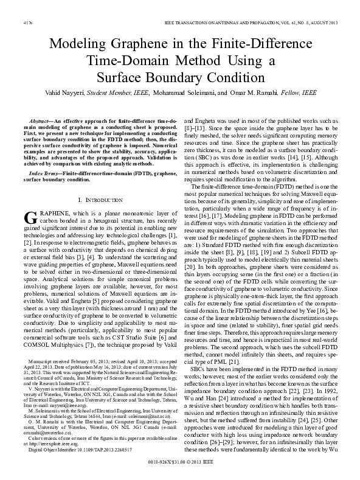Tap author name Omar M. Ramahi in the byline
pyautogui.click(x=256, y=93)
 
